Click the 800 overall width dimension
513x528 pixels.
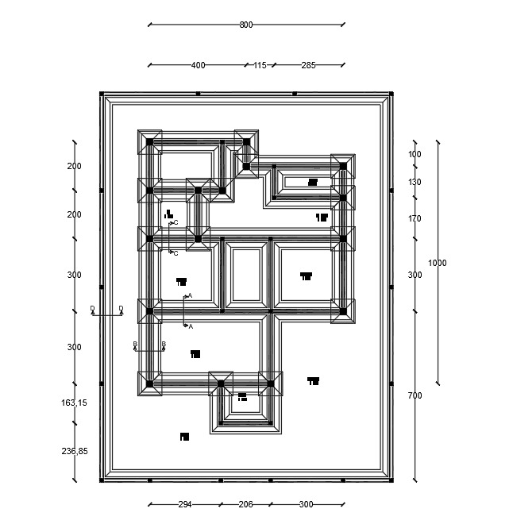tap(246, 25)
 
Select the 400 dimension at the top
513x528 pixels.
tap(198, 65)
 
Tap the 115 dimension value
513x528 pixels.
tap(260, 65)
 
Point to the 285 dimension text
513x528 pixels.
tap(308, 65)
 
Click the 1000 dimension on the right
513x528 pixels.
tap(438, 263)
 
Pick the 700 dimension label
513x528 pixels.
tap(415, 395)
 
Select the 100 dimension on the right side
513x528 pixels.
tap(415, 154)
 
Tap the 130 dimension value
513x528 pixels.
tap(415, 182)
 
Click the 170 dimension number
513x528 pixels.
tap(415, 218)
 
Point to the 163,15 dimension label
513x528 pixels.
tap(74, 403)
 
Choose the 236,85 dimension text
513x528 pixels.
tap(74, 451)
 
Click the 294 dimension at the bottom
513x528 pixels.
tap(184, 504)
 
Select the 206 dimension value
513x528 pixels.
tap(245, 504)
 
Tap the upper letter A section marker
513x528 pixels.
tap(190, 296)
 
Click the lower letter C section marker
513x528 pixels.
tap(175, 253)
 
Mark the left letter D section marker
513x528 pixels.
tap(92, 308)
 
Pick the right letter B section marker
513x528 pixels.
tap(164, 344)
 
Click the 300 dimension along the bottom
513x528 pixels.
tap(306, 504)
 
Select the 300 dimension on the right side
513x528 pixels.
tap(415, 275)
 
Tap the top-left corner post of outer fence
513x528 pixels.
tap(102, 94)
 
